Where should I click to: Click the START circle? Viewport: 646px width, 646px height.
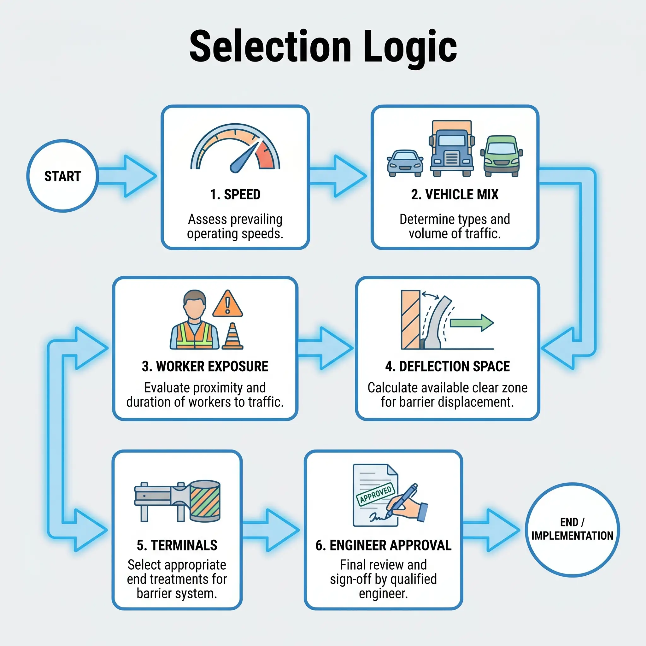(x=62, y=176)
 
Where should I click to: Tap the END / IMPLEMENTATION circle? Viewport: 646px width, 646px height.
(x=572, y=529)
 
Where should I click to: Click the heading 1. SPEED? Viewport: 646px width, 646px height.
(x=235, y=195)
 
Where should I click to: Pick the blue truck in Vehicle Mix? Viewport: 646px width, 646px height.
(x=451, y=149)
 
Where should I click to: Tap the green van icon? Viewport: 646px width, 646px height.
(x=501, y=156)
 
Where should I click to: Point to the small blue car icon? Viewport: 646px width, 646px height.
(x=405, y=163)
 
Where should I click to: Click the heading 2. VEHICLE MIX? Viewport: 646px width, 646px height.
(x=455, y=195)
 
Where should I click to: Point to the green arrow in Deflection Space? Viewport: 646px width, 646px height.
(x=472, y=323)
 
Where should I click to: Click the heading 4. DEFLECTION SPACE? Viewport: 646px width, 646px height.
(x=447, y=367)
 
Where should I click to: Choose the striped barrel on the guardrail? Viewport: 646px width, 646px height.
(x=205, y=501)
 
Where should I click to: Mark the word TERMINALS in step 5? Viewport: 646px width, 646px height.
(x=184, y=545)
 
